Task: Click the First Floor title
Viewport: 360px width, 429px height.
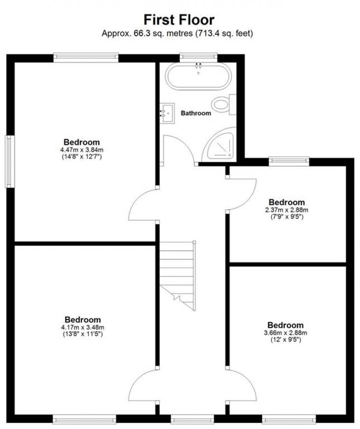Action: click(179, 20)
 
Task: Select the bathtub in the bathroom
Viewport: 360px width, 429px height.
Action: click(198, 76)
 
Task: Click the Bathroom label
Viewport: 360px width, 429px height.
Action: click(195, 113)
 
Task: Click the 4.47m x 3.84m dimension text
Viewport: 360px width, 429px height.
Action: click(82, 149)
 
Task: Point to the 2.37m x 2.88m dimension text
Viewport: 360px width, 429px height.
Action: click(286, 210)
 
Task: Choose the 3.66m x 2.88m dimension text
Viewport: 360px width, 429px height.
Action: click(285, 333)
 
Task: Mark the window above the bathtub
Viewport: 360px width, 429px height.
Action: click(198, 57)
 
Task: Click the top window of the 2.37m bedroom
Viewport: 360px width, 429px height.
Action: click(289, 161)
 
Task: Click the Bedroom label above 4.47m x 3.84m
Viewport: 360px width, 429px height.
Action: click(82, 142)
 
